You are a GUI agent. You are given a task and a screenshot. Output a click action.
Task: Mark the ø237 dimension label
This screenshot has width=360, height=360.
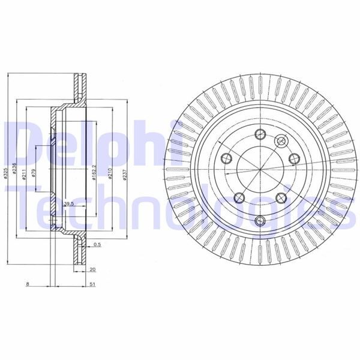click(122, 173)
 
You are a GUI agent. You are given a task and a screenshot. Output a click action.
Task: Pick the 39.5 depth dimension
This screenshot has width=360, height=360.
click(68, 204)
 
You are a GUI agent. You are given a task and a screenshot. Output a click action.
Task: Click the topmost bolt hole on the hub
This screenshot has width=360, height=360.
click(259, 134)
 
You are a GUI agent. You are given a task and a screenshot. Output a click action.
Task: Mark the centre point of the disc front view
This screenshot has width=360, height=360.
click(259, 175)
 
